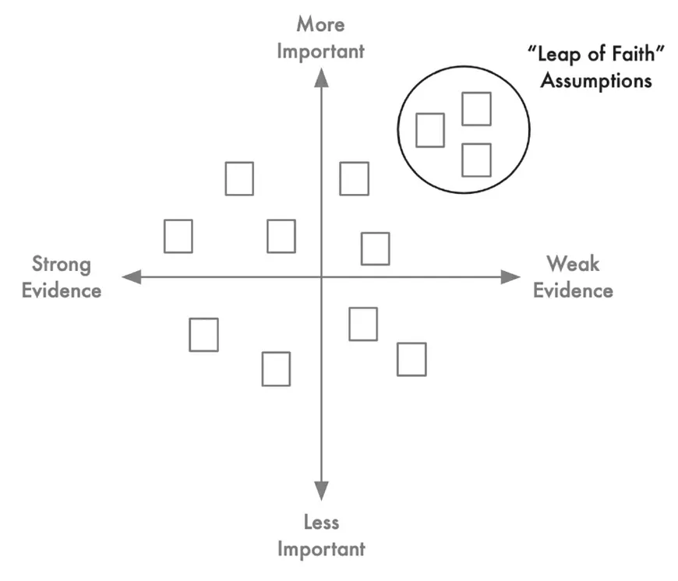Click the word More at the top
click(x=320, y=24)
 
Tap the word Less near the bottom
click(x=321, y=522)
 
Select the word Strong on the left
click(x=61, y=264)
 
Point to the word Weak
click(x=572, y=264)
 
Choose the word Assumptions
click(x=596, y=80)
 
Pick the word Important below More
click(x=321, y=51)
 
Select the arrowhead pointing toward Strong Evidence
click(x=131, y=276)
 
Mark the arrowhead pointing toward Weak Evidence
click(x=510, y=276)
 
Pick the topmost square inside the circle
click(x=476, y=109)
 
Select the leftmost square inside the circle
click(x=430, y=130)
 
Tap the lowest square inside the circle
click(x=476, y=160)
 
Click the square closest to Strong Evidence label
click(x=178, y=236)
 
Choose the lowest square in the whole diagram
click(x=276, y=369)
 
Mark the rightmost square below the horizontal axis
click(x=411, y=359)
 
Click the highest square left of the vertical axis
click(x=239, y=178)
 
